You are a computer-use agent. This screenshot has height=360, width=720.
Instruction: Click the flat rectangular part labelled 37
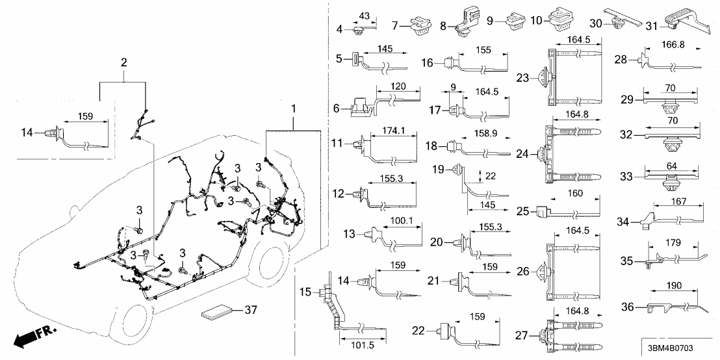tap(218, 312)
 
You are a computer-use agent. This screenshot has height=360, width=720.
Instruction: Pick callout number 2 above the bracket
tap(123, 63)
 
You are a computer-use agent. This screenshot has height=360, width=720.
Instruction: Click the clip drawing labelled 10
tap(559, 20)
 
